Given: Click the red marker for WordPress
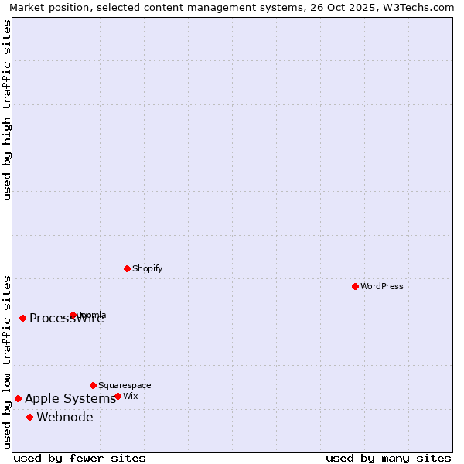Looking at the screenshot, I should [x=355, y=286].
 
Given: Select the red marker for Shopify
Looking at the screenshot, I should [x=127, y=268].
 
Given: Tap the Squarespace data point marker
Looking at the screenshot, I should [x=93, y=385].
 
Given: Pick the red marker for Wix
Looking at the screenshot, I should [x=118, y=396].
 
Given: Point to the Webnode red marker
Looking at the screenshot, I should [x=29, y=418].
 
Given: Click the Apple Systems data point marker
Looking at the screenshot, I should [x=18, y=399].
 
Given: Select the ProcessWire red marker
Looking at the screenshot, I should [x=22, y=318].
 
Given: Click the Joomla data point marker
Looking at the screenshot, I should [x=73, y=315].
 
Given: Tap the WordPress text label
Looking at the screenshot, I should [x=382, y=286].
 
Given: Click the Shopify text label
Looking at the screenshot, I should [x=147, y=268].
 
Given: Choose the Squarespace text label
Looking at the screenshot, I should [x=125, y=385].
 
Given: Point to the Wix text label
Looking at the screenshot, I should [x=130, y=396].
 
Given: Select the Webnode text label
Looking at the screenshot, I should [x=65, y=418].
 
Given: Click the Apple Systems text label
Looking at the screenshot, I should [x=70, y=399].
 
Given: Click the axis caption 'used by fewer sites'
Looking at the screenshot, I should [x=80, y=458].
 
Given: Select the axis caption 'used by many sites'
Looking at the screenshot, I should [x=388, y=458].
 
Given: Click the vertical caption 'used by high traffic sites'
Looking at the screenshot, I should [x=7, y=110].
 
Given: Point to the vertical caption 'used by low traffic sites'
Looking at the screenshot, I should [x=7, y=361].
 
